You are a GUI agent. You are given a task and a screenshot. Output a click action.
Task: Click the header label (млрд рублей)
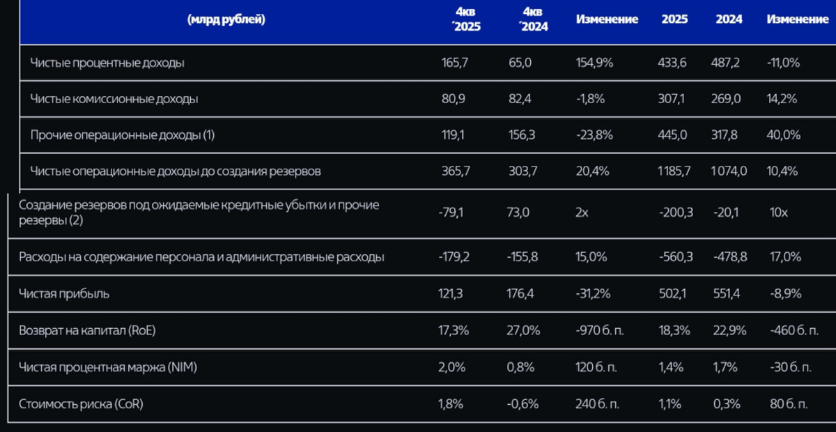pyautogui.click(x=226, y=20)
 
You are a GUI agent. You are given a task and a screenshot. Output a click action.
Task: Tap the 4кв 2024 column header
pyautogui.click(x=534, y=20)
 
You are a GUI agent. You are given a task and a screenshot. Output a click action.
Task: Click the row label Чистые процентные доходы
pyautogui.click(x=107, y=63)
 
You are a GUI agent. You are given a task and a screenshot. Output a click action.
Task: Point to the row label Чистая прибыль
pyautogui.click(x=64, y=294)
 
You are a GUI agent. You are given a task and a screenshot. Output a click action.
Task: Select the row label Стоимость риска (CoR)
pyautogui.click(x=82, y=403)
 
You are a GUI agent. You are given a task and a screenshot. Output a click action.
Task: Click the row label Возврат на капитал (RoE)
pyautogui.click(x=87, y=331)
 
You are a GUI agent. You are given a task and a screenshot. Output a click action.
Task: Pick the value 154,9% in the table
pyautogui.click(x=595, y=63)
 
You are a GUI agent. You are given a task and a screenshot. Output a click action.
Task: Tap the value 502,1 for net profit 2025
pyautogui.click(x=674, y=294)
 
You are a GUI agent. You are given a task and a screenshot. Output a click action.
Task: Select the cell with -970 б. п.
pyautogui.click(x=601, y=331)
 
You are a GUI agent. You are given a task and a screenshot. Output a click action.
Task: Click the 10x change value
pyautogui.click(x=780, y=213)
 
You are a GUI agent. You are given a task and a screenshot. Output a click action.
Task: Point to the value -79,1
pyautogui.click(x=454, y=213)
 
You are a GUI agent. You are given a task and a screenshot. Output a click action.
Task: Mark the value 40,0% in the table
pyautogui.click(x=783, y=135)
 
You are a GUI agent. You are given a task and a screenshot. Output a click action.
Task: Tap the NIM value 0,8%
pyautogui.click(x=521, y=367)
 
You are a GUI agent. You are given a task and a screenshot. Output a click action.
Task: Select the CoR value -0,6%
pyautogui.click(x=523, y=403)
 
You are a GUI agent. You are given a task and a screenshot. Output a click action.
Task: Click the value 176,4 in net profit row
pyautogui.click(x=522, y=294)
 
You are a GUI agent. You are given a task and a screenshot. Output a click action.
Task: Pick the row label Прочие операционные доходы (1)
pyautogui.click(x=122, y=135)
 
